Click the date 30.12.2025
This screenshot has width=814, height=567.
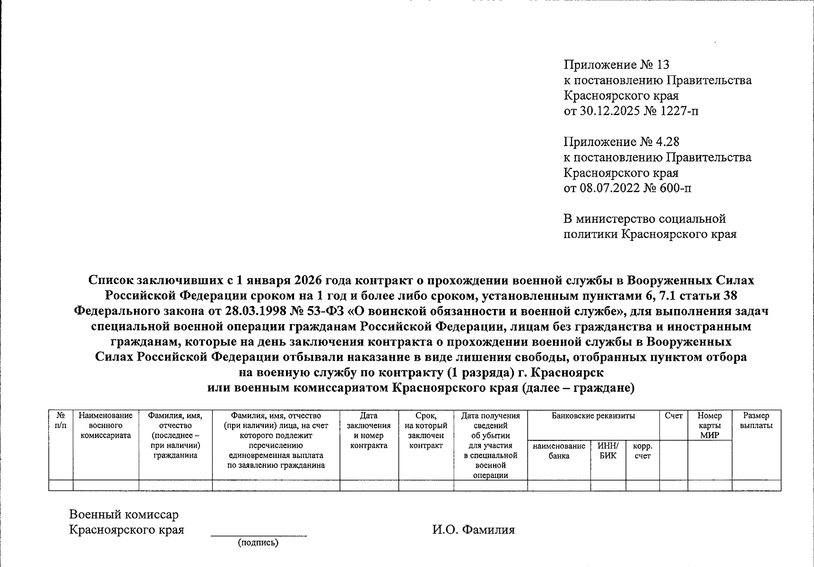609,111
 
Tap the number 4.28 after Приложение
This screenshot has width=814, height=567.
667,142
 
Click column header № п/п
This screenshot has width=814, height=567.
61,421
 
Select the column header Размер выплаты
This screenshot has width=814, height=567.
756,421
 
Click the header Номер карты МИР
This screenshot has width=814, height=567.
710,425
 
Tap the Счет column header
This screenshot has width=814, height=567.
673,416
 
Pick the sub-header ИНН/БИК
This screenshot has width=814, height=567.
607,451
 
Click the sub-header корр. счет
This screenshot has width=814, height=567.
642,451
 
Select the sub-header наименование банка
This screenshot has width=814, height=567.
559,451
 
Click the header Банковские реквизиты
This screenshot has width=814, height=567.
593,416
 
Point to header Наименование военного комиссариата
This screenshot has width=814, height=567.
105,425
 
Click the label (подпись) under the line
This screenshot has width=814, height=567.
258,542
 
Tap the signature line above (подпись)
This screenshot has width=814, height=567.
258,536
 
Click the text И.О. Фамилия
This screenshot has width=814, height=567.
473,530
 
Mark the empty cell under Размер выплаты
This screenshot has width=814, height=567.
756,485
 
